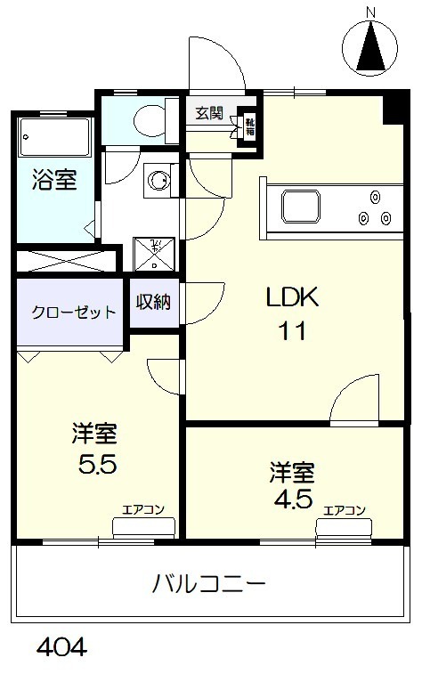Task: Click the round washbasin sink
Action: pyautogui.click(x=159, y=181)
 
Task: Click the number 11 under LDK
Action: pyautogui.click(x=294, y=332)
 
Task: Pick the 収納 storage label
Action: pyautogui.click(x=153, y=303)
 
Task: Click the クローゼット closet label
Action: pyautogui.click(x=74, y=313)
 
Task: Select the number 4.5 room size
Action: pyautogui.click(x=293, y=498)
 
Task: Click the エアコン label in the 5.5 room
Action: pyautogui.click(x=142, y=511)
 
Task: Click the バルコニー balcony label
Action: pyautogui.click(x=209, y=585)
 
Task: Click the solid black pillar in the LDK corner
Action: pyautogui.click(x=393, y=110)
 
